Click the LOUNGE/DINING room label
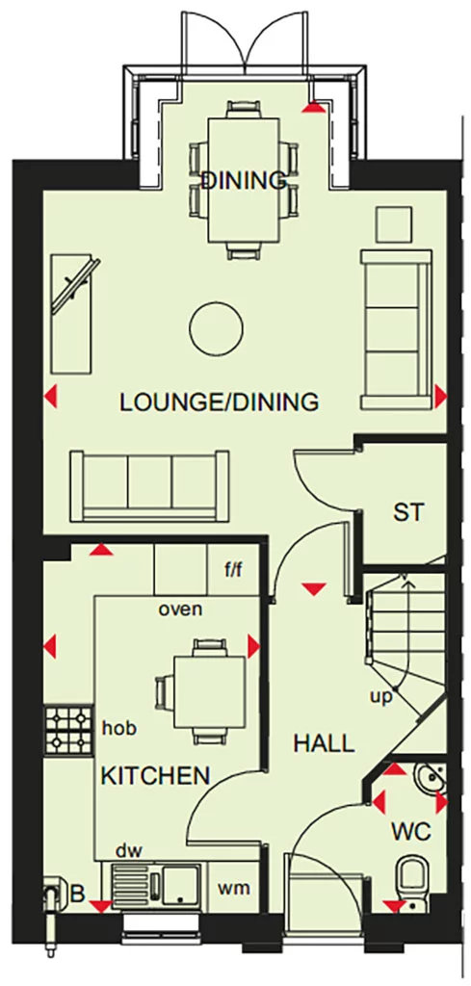point(219,402)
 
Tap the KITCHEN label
point(156,774)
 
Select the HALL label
point(324,742)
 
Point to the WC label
point(411,830)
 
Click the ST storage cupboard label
point(407,512)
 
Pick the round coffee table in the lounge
point(216,328)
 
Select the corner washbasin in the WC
point(431,777)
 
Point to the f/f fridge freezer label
point(234,570)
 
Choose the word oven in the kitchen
point(180,609)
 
